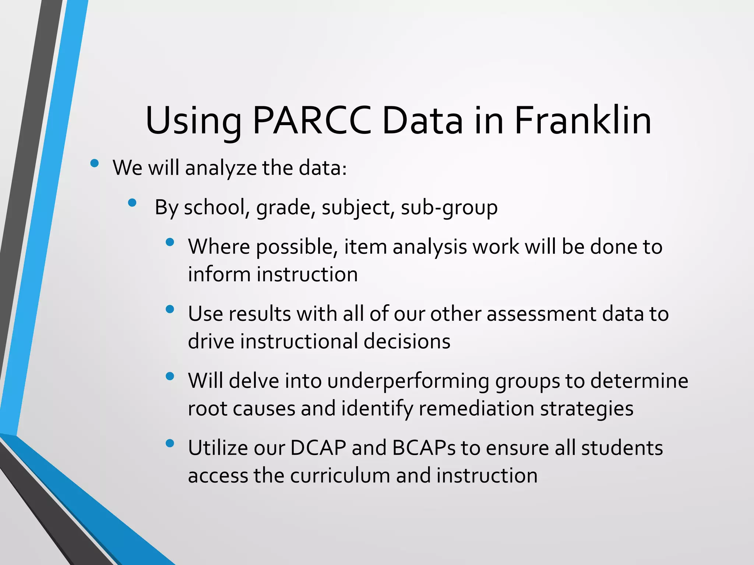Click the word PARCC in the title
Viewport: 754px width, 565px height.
coord(312,121)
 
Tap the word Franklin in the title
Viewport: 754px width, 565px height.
coord(582,121)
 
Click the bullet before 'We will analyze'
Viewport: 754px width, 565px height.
coord(95,163)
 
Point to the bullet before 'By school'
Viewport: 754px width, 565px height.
coord(132,203)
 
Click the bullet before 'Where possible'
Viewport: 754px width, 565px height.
coord(170,242)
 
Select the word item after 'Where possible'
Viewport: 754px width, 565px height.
coord(365,246)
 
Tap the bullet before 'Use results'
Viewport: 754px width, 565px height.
coord(170,309)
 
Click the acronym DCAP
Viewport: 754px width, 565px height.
coord(318,448)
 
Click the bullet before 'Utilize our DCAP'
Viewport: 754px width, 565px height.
coord(170,444)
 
